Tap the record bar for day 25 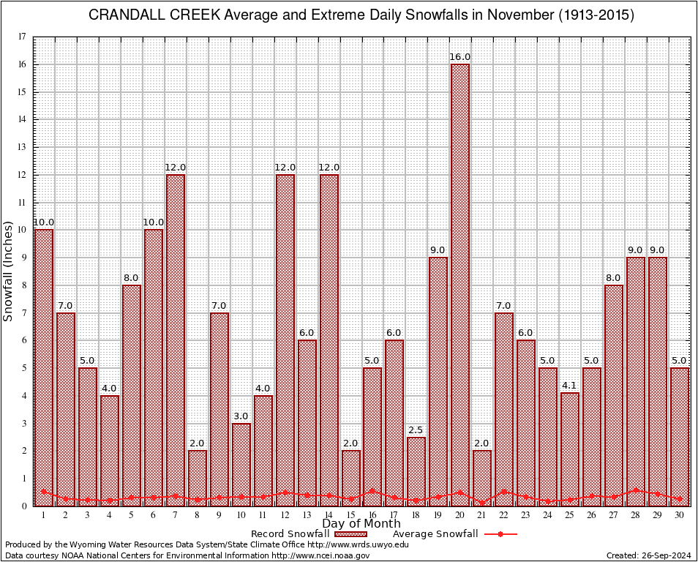click(570, 446)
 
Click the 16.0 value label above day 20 click(460, 57)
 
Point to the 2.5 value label click(416, 430)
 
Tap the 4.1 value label click(570, 386)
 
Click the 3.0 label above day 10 click(241, 416)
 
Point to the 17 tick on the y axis click(22, 37)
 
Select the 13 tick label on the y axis click(22, 147)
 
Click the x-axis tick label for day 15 click(350, 515)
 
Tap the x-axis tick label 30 click(680, 515)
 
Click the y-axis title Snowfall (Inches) click(9, 271)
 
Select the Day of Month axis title click(361, 524)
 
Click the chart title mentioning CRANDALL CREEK click(361, 15)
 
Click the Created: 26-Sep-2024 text click(648, 555)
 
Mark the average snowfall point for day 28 click(636, 490)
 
